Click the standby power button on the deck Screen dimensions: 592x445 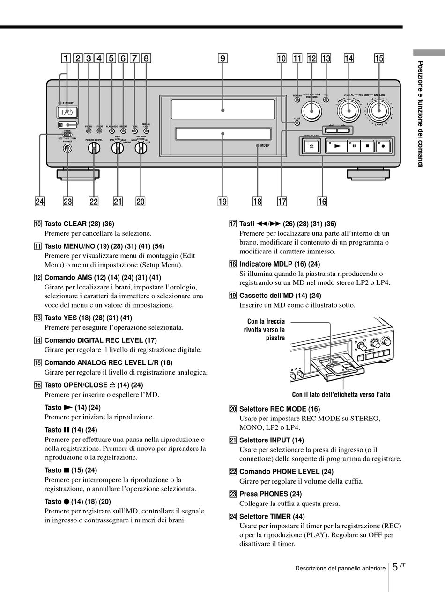click(x=67, y=112)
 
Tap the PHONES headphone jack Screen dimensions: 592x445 click(x=68, y=148)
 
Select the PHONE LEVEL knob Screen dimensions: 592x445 click(x=94, y=148)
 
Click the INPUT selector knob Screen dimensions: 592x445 click(x=117, y=148)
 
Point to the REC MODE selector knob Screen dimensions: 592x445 click(x=141, y=148)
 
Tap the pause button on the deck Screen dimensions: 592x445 click(x=354, y=145)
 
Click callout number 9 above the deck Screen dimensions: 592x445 click(x=222, y=58)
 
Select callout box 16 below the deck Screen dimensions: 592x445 click(x=322, y=202)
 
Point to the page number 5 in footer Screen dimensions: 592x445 click(x=395, y=567)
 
